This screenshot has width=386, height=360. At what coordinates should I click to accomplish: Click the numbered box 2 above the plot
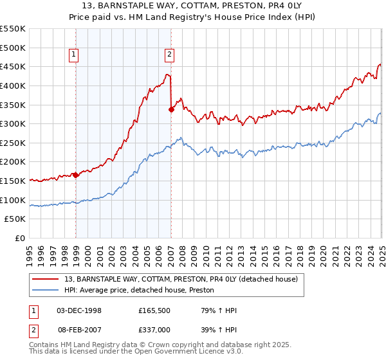click(169, 55)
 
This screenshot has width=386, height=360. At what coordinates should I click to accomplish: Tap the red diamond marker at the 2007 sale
click(172, 109)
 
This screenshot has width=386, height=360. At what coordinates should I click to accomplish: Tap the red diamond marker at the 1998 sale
click(76, 174)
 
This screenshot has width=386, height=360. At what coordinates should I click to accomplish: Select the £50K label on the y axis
click(15, 219)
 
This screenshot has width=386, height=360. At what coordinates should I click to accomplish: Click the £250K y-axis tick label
click(14, 162)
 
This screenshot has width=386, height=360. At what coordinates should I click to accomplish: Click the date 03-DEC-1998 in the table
click(79, 310)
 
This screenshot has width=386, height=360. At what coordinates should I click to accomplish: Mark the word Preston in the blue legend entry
click(209, 291)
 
